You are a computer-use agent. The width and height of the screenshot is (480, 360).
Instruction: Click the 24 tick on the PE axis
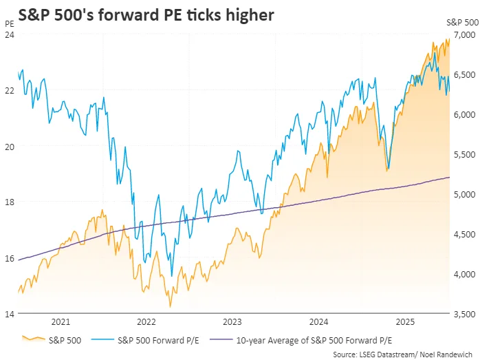tap(10, 34)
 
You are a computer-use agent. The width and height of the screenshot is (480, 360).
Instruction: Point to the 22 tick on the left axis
tap(10, 90)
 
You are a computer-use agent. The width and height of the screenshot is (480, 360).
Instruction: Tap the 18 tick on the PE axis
tap(10, 202)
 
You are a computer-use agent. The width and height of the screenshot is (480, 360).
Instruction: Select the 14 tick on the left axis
tap(10, 314)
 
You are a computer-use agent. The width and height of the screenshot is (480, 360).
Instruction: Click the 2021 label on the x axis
tap(61, 321)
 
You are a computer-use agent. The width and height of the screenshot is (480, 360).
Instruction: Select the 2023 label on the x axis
tap(232, 321)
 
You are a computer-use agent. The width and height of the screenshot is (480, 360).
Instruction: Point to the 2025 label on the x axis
tap(405, 321)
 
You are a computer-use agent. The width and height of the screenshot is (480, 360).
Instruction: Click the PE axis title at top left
tap(8, 23)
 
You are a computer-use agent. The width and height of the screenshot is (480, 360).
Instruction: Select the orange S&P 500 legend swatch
tap(34, 339)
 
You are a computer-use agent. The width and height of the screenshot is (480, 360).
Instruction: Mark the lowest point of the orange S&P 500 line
tap(169, 307)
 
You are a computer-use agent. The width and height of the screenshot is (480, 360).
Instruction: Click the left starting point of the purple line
tap(18, 260)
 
